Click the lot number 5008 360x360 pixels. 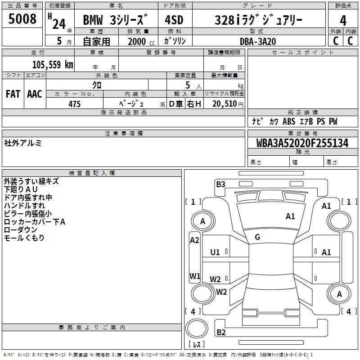click(x=22, y=19)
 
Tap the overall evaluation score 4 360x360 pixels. click(x=343, y=21)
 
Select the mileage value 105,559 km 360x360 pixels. click(x=53, y=64)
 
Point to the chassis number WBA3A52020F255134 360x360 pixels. click(x=302, y=144)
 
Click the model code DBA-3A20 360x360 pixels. click(x=257, y=41)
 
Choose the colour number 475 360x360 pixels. click(x=74, y=104)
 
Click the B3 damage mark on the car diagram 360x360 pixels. click(x=220, y=184)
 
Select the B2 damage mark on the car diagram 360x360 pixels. click(x=221, y=333)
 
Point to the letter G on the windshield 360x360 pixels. click(x=257, y=237)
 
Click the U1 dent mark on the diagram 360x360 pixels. click(x=215, y=252)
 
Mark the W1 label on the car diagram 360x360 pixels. click(x=194, y=276)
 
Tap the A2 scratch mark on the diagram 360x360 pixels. click(x=194, y=240)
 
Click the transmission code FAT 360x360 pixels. click(x=13, y=94)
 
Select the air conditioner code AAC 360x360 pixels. click(x=35, y=94)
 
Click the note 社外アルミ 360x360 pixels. click(x=22, y=143)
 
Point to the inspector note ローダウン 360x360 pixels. click(x=21, y=230)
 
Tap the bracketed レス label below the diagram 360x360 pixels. click(x=197, y=345)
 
